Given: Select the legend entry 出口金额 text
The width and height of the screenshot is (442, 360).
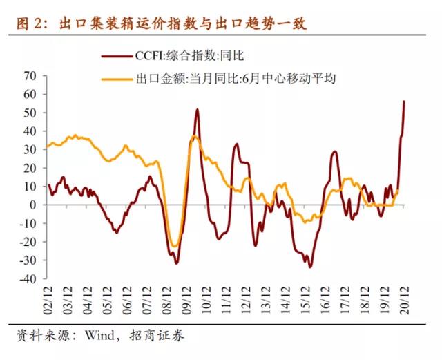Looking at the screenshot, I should pos(228,78).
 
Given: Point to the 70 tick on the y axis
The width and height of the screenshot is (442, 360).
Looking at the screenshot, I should pos(28,75).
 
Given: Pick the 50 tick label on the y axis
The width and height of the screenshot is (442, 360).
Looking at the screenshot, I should pos(28,112).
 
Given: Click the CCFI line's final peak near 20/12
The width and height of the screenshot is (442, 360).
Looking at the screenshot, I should pos(404,102).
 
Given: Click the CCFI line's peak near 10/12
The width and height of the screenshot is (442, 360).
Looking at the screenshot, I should pos(198,109).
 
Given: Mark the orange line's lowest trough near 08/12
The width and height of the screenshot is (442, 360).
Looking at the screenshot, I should pos(175,245).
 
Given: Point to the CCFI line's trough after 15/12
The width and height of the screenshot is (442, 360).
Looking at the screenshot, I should pos(310,267).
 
